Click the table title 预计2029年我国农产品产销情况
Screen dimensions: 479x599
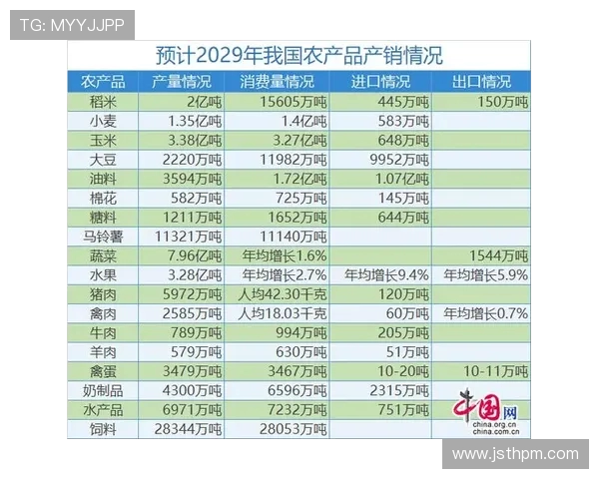click(x=299, y=55)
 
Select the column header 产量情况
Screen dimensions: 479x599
click(x=182, y=82)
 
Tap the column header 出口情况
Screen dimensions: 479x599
click(x=481, y=82)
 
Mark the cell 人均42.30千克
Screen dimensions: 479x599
click(x=276, y=293)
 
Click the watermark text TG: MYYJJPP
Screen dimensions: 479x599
click(x=71, y=25)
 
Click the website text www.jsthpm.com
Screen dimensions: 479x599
click(x=514, y=453)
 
